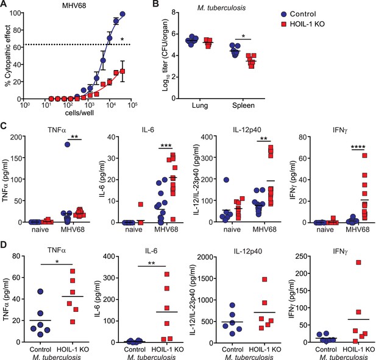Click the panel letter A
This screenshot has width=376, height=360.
4,4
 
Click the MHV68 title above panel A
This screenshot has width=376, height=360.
74,5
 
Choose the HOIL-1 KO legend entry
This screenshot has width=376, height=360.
303,24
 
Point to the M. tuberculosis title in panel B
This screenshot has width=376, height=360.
221,8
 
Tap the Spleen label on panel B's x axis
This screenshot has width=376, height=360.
243,106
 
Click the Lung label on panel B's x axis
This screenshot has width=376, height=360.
200,106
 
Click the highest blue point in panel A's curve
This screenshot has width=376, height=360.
122,14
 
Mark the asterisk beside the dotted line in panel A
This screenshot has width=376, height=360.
122,40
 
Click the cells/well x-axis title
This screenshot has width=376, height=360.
79,113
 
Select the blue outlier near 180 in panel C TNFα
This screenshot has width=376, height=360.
68,144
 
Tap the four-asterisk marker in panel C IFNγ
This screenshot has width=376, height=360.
358,147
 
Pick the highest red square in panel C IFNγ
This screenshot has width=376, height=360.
365,155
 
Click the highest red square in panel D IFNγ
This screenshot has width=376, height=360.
358,263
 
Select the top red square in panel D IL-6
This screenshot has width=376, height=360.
167,274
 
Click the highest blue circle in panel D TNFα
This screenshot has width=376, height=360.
40,291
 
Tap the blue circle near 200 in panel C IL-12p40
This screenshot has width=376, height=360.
226,180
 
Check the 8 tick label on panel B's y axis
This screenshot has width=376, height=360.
173,12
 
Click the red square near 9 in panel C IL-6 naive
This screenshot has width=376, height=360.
141,204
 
